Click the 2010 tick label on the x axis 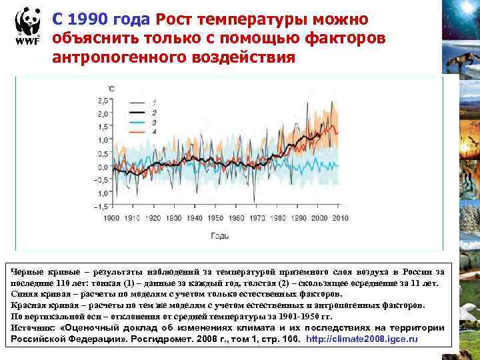pyautogui.click(x=339, y=218)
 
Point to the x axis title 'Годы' pyautogui.click(x=221, y=235)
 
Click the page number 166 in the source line pyautogui.click(x=291, y=339)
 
